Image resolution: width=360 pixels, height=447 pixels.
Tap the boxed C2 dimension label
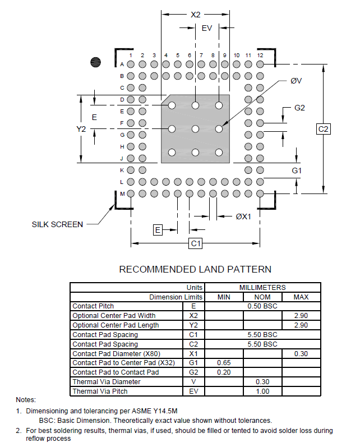point(324,129)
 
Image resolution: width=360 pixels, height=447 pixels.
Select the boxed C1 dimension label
point(196,243)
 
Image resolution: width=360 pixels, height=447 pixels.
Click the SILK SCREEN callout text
point(57,224)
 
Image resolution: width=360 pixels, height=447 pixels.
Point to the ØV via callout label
point(296,81)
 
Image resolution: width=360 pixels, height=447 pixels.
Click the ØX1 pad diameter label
point(243,216)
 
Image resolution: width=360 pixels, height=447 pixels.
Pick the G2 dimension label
point(300,108)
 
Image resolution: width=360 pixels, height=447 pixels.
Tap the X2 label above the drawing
point(196,15)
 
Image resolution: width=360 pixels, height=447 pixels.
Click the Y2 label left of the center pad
point(81,129)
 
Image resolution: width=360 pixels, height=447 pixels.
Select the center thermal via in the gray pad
point(195,129)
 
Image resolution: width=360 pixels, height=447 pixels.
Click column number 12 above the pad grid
point(260,55)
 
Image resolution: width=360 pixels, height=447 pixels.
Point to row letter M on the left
point(122,193)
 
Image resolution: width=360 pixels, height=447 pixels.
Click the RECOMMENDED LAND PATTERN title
point(195,269)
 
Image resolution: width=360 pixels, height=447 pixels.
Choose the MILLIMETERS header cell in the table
point(262,287)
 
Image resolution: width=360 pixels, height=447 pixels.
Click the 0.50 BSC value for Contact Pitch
point(262,306)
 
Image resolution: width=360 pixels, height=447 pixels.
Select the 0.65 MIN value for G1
point(224,363)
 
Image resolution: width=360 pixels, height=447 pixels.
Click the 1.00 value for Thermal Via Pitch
point(262,391)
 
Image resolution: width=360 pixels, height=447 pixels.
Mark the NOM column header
point(262,297)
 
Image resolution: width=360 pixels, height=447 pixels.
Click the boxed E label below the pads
point(158,229)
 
